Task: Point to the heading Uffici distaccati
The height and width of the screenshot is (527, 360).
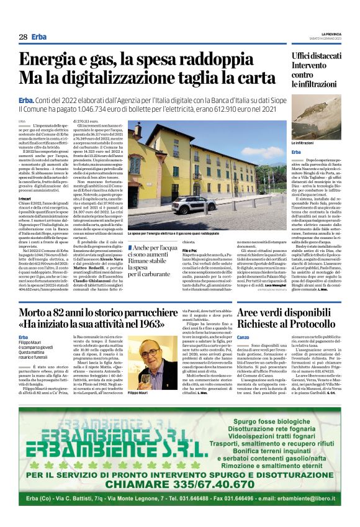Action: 318,57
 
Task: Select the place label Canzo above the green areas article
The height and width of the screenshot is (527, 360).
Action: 236,338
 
